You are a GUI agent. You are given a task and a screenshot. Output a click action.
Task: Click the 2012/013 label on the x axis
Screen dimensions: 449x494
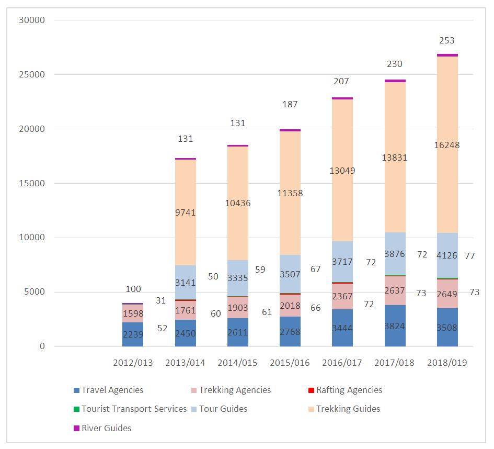[133, 363]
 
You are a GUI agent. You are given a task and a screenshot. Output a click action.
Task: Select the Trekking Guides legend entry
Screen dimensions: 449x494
[348, 409]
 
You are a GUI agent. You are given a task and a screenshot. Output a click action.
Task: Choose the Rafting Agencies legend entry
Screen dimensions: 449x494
[349, 390]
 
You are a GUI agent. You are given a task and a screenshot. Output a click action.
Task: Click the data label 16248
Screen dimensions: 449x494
[447, 145]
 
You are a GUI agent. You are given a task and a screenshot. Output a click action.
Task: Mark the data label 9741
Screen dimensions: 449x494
[185, 212]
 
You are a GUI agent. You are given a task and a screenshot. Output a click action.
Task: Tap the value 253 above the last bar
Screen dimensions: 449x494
[447, 40]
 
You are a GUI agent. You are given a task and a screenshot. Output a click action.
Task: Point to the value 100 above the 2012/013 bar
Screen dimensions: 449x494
[133, 289]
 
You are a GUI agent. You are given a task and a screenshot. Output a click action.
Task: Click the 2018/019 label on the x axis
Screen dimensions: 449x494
[447, 363]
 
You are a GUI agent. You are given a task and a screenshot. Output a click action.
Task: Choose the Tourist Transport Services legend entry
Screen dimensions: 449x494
[134, 409]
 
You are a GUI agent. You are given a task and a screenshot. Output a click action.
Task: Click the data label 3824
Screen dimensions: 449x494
[395, 326]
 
